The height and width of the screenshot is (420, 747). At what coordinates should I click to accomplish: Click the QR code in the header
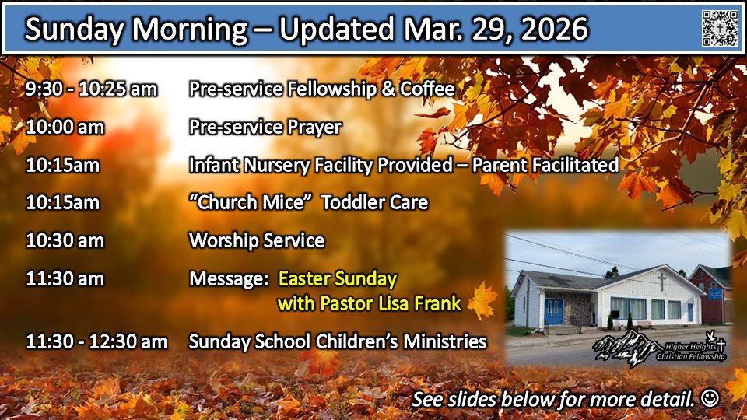[x=720, y=29]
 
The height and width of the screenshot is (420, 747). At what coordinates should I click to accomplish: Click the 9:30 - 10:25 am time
[x=91, y=89]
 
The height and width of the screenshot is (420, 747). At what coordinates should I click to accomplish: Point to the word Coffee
[x=427, y=89]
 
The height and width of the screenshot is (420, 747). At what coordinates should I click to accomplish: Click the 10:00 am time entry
[x=65, y=127]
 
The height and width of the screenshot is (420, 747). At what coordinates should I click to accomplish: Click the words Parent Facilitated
[x=545, y=165]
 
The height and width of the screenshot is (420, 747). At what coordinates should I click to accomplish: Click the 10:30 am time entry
[x=65, y=240]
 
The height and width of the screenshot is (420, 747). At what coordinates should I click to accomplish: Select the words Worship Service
[x=257, y=240]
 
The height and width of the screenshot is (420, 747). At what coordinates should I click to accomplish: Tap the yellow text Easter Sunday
[x=337, y=279]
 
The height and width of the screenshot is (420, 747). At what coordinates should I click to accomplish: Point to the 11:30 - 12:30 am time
[x=96, y=341]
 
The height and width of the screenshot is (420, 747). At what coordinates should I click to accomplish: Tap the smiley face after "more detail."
[x=710, y=398]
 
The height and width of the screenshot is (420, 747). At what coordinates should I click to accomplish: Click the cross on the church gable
[x=661, y=282]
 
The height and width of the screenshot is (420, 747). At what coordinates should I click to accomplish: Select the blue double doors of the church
[x=553, y=311]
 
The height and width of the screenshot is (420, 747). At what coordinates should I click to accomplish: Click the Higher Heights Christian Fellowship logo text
[x=691, y=352]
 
